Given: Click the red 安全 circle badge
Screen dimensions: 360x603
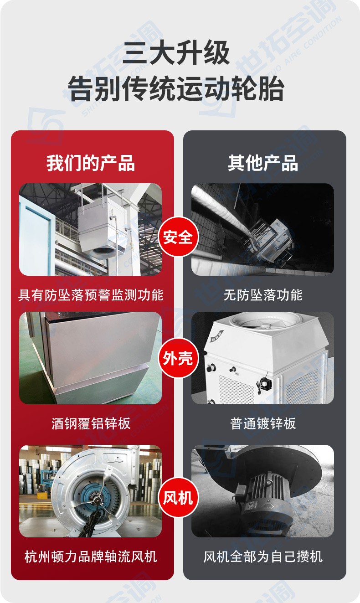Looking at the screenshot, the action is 178,237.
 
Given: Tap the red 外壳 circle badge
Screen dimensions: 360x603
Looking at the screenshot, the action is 178,358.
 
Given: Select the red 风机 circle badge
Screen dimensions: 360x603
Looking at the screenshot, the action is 178,497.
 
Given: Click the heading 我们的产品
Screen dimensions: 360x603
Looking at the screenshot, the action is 91,163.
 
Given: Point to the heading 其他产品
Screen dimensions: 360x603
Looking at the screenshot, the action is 263,163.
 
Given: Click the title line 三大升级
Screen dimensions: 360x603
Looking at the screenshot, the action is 176,53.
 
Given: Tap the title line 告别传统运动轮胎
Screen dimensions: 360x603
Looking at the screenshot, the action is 176,88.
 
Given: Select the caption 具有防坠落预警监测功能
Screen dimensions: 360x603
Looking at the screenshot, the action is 91,295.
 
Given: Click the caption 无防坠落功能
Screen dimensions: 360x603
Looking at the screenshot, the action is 263,295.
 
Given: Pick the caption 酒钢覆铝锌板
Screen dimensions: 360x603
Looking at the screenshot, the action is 91,423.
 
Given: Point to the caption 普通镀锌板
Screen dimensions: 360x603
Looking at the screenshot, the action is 263,423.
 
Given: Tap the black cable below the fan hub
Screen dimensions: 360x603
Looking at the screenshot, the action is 93,518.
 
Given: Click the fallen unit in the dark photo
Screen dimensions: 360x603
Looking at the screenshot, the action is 272,240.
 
